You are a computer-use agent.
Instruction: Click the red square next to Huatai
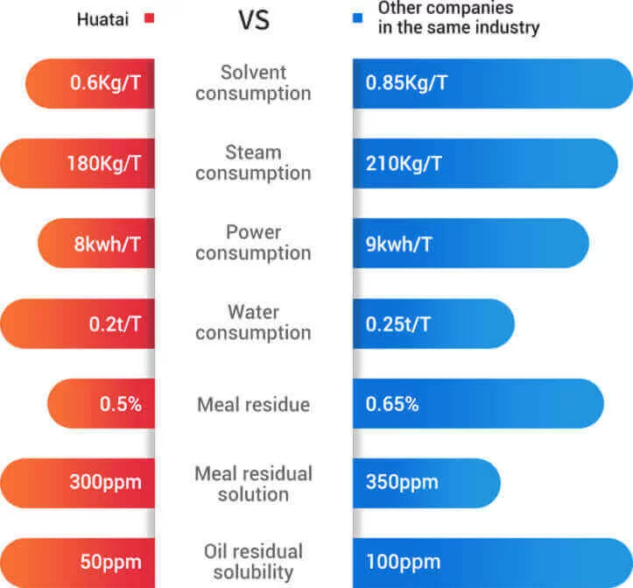pos(149,18)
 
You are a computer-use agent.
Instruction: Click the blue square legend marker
pos(359,18)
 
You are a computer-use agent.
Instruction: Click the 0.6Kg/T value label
pos(105,83)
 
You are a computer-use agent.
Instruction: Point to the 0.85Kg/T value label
pos(407,83)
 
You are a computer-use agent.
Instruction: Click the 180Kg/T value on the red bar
pos(103,163)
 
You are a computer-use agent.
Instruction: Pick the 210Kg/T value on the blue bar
pos(404,163)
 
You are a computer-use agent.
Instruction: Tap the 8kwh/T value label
pos(107,243)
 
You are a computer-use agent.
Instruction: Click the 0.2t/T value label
pos(114,323)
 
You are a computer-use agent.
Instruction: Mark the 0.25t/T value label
pos(398,323)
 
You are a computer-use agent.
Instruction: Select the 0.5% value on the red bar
pos(120,404)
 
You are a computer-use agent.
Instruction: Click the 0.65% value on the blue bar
pos(392,404)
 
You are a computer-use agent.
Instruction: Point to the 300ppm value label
pos(105,483)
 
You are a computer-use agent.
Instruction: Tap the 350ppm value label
pos(402,483)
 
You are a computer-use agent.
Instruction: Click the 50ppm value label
pos(109,563)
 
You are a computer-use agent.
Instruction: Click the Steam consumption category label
pos(253,163)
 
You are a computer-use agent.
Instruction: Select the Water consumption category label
pos(253,322)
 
